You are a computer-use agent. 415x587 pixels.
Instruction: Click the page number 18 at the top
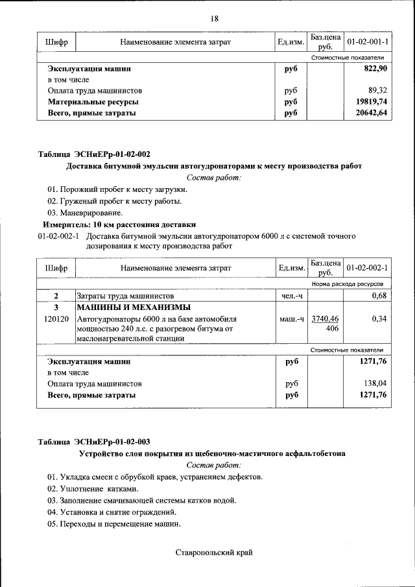(214, 18)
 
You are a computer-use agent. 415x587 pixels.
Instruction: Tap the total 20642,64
(370, 113)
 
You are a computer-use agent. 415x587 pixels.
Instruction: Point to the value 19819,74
(370, 102)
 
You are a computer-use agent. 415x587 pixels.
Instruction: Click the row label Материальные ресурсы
(93, 102)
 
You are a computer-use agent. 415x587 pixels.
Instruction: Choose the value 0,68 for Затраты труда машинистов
(377, 296)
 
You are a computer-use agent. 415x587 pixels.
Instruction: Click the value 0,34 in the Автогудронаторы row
(377, 319)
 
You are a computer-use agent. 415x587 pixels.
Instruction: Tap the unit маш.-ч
(291, 319)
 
